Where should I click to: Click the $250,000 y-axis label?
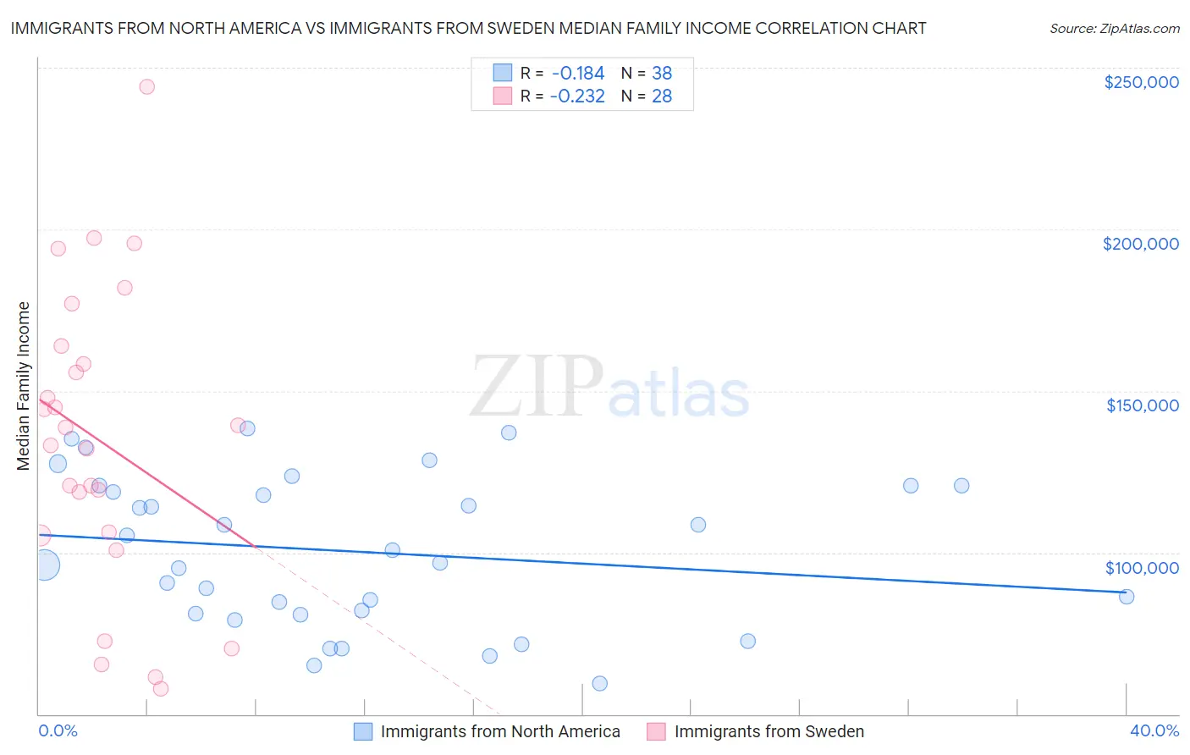tap(1141, 82)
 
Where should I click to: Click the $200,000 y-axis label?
tap(1140, 244)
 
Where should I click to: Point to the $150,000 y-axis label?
tap(1142, 405)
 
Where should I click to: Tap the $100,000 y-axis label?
tap(1142, 568)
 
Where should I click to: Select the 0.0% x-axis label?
tap(58, 730)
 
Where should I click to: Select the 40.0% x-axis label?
tap(1154, 730)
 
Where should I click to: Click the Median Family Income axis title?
tap(24, 386)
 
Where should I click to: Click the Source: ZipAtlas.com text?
tap(1114, 29)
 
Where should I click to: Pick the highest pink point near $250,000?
tap(146, 86)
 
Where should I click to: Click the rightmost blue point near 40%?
tap(1127, 597)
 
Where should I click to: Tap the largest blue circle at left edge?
tap(46, 565)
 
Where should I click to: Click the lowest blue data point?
tap(600, 683)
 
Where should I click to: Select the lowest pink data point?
tap(161, 688)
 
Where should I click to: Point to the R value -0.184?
tap(577, 74)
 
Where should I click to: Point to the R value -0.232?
tap(577, 96)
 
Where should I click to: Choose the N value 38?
tap(662, 74)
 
